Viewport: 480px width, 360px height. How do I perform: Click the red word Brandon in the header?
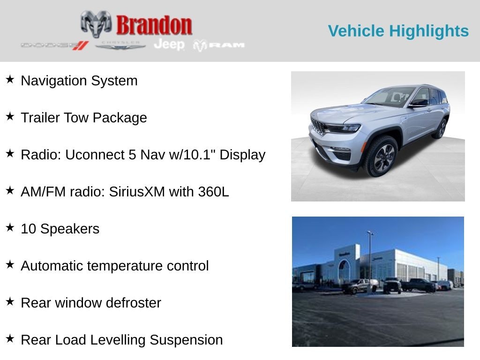coord(154,25)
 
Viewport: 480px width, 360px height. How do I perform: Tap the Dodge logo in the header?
coord(54,45)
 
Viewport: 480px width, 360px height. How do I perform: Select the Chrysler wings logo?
coord(120,45)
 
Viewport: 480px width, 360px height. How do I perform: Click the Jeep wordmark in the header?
coord(169,45)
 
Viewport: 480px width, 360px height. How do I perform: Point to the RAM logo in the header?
coord(219,45)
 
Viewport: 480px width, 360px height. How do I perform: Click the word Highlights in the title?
coord(429,31)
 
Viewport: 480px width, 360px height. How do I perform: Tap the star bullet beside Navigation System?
coord(10,79)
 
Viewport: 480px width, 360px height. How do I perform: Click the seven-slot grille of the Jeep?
coord(317,127)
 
